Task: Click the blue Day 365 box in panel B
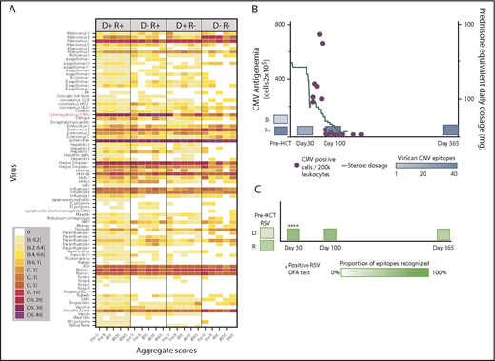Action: pyautogui.click(x=450, y=130)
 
